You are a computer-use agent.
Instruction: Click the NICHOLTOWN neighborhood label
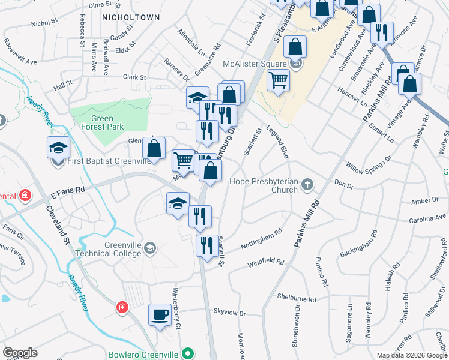point(131,17)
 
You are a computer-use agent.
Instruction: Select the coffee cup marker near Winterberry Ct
point(160,315)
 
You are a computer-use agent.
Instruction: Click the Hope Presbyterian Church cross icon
point(307,184)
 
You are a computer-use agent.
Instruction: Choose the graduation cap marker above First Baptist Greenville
point(58,147)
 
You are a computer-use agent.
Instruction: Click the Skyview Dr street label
point(230,313)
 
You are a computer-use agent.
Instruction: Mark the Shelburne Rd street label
point(297,298)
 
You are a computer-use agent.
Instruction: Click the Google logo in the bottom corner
point(20,352)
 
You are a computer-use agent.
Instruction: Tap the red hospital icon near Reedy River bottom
point(122,307)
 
